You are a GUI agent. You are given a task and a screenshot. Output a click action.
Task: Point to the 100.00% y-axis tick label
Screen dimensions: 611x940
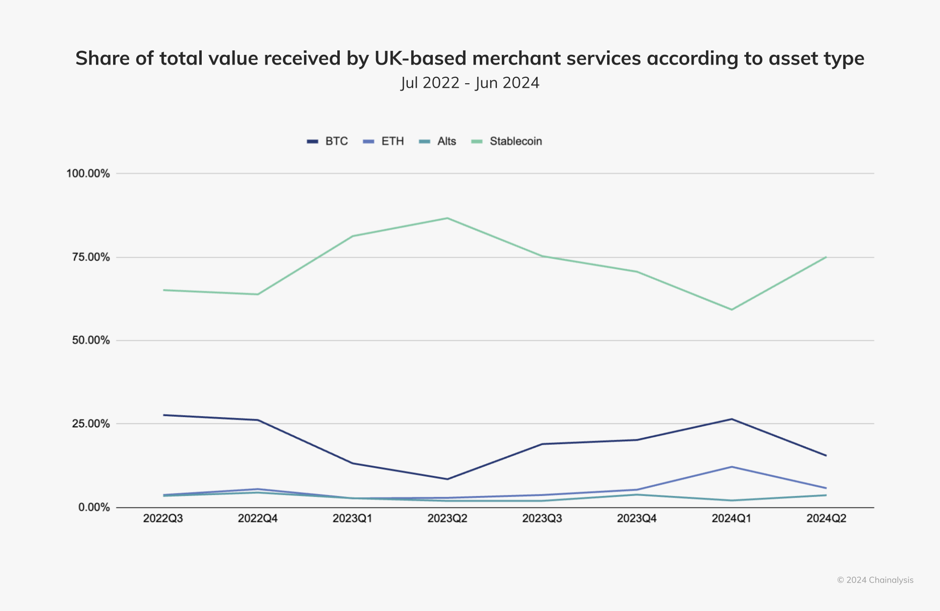88,174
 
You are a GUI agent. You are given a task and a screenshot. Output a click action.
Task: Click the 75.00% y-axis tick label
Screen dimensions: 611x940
91,258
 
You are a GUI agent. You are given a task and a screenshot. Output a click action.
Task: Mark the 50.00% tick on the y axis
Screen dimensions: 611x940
91,341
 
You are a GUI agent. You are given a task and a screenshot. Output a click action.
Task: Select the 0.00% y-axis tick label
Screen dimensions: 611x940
94,508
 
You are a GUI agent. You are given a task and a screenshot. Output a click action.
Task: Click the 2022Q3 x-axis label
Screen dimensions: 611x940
163,518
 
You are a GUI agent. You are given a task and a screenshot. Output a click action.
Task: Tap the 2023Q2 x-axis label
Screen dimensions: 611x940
447,518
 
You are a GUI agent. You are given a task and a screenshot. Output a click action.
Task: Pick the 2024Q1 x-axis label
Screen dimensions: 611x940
731,518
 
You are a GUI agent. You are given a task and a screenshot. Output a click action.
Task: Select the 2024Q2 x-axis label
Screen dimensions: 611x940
826,518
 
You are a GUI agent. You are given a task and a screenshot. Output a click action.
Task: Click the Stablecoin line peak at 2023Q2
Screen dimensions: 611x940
447,218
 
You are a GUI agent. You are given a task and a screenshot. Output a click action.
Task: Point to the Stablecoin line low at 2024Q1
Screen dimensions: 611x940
731,309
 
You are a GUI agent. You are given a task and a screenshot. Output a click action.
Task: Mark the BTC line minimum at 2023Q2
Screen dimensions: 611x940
447,479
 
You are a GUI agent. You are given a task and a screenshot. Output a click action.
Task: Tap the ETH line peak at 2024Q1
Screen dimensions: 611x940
731,467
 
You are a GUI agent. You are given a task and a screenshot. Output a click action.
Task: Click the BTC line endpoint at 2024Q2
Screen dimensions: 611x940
826,455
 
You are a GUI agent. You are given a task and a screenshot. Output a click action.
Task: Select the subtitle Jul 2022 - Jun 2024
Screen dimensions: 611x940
470,83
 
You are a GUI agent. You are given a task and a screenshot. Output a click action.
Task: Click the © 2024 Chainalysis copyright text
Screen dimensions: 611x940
875,580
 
